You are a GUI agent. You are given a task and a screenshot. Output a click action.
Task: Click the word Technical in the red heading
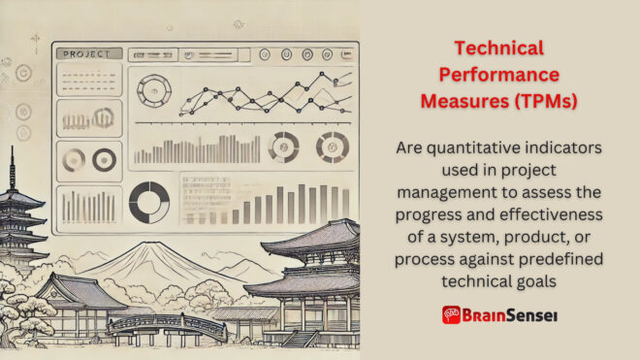pyautogui.click(x=499, y=48)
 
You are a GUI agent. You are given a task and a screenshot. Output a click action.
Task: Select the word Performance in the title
pyautogui.click(x=499, y=74)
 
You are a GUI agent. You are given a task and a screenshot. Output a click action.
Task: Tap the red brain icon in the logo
pyautogui.click(x=451, y=314)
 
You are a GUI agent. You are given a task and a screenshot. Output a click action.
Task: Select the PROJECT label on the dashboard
pyautogui.click(x=88, y=54)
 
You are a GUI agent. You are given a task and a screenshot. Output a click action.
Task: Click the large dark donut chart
pyautogui.click(x=148, y=203)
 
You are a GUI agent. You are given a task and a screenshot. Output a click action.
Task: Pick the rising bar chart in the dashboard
pyautogui.click(x=281, y=204)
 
